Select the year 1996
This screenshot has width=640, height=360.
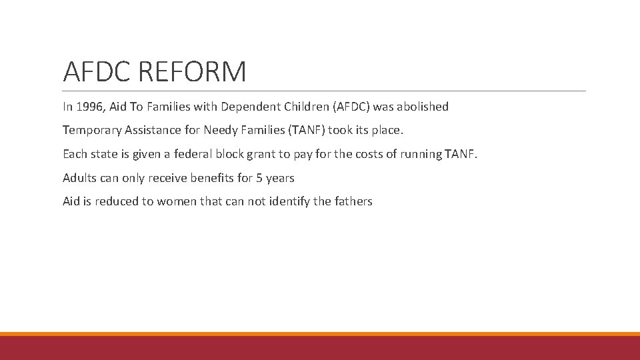(x=89, y=107)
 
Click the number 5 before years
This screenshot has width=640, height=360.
(x=259, y=178)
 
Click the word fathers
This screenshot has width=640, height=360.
(x=353, y=201)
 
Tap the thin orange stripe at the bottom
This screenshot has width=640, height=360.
(x=320, y=334)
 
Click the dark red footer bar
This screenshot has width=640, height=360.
(x=320, y=348)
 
